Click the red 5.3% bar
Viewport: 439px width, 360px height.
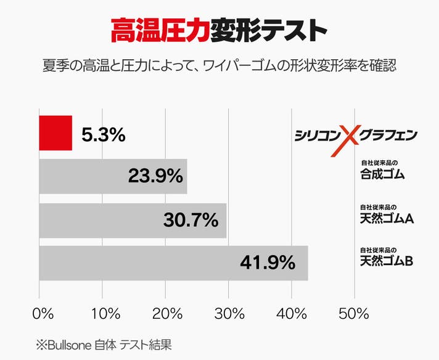pyautogui.click(x=55, y=133)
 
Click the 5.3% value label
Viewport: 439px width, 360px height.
pyautogui.click(x=104, y=134)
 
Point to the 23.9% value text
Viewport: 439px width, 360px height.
pyautogui.click(x=155, y=176)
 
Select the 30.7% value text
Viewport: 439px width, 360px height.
pyautogui.click(x=191, y=220)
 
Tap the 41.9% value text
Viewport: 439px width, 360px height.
pyautogui.click(x=267, y=263)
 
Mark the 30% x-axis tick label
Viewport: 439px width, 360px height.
pyautogui.click(x=229, y=313)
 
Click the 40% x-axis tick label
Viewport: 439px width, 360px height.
pyautogui.click(x=292, y=313)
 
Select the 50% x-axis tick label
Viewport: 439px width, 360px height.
pyautogui.click(x=354, y=313)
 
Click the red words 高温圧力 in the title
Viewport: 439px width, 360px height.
pyautogui.click(x=159, y=28)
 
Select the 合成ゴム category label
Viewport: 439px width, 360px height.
pyautogui.click(x=382, y=173)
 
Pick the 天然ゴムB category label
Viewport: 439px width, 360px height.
pyautogui.click(x=387, y=261)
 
